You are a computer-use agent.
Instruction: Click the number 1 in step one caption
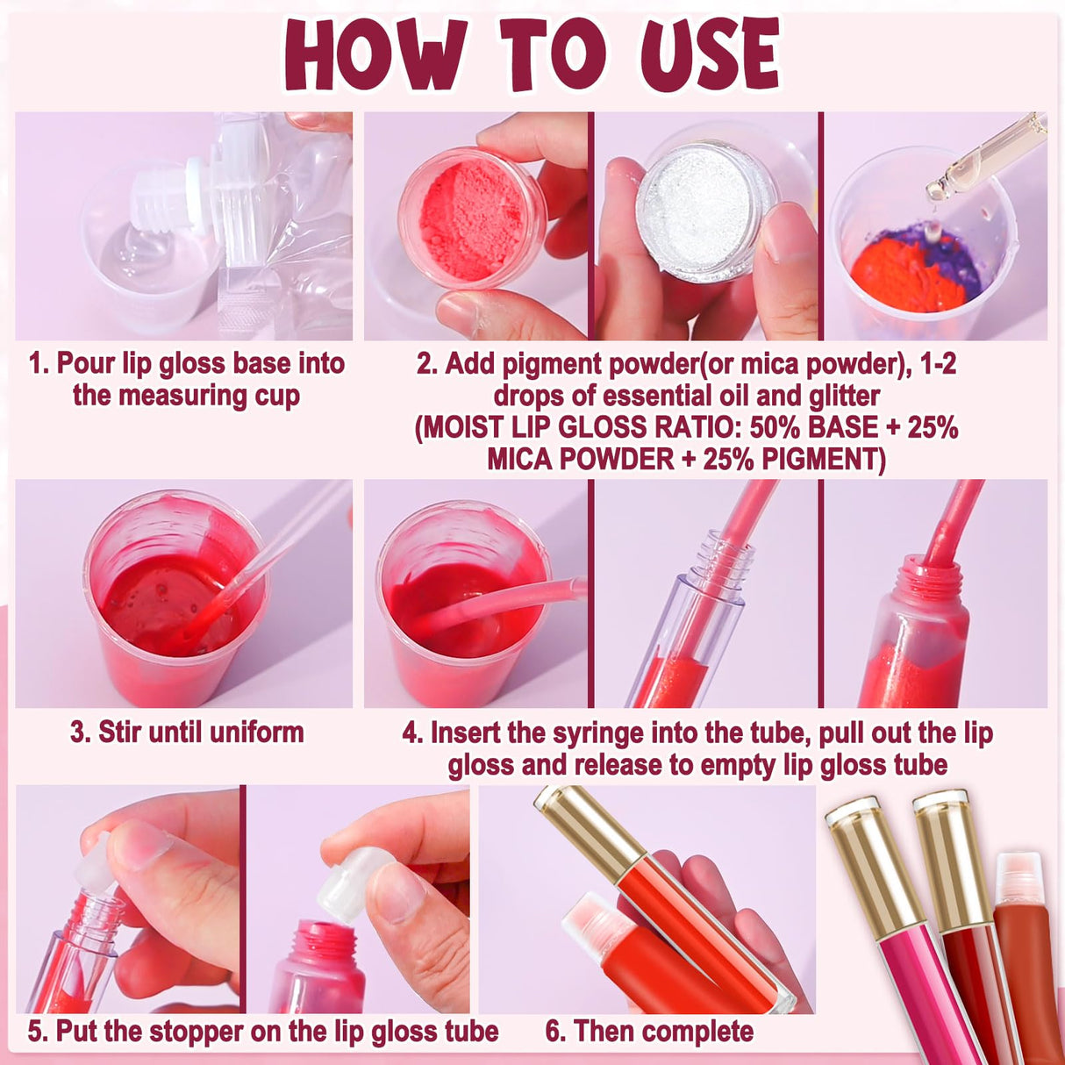point(36,364)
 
